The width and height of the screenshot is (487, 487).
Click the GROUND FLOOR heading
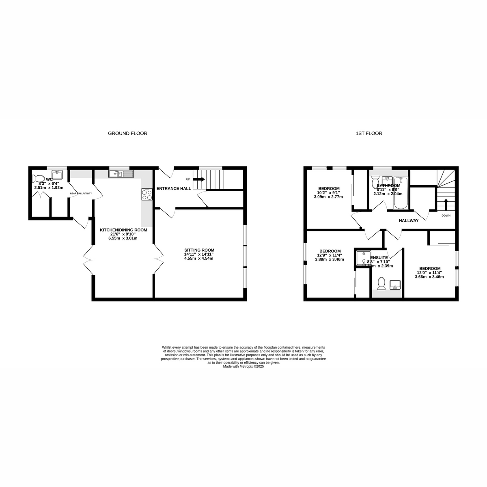[x=127, y=133]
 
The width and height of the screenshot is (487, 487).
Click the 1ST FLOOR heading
[x=369, y=133]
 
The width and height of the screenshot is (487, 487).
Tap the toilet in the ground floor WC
[x=39, y=178]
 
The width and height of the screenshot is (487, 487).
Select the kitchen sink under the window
[x=121, y=174]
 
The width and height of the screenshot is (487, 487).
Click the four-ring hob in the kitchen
[x=147, y=195]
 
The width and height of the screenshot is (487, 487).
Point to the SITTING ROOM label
[x=199, y=250]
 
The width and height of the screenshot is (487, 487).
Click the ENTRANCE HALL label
[x=174, y=188]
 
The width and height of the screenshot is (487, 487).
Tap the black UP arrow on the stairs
[x=199, y=179]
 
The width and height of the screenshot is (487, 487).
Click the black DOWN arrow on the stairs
[x=446, y=203]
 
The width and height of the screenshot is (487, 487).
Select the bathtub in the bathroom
[x=401, y=193]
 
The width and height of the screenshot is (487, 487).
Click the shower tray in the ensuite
[x=362, y=257]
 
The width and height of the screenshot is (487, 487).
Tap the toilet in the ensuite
[x=381, y=283]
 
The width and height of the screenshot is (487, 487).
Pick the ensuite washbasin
[x=395, y=285]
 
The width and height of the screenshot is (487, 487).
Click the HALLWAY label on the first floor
[x=408, y=221]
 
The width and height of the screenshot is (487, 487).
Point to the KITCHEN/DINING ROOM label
[x=123, y=230]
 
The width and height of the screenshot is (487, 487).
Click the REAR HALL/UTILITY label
[x=81, y=193]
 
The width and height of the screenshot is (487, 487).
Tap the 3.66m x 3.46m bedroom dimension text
[x=429, y=277]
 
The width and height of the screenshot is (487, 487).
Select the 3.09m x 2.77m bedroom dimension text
[x=328, y=197]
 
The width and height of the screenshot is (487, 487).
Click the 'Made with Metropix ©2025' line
[x=243, y=366]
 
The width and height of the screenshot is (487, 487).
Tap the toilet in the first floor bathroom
[x=375, y=179]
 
